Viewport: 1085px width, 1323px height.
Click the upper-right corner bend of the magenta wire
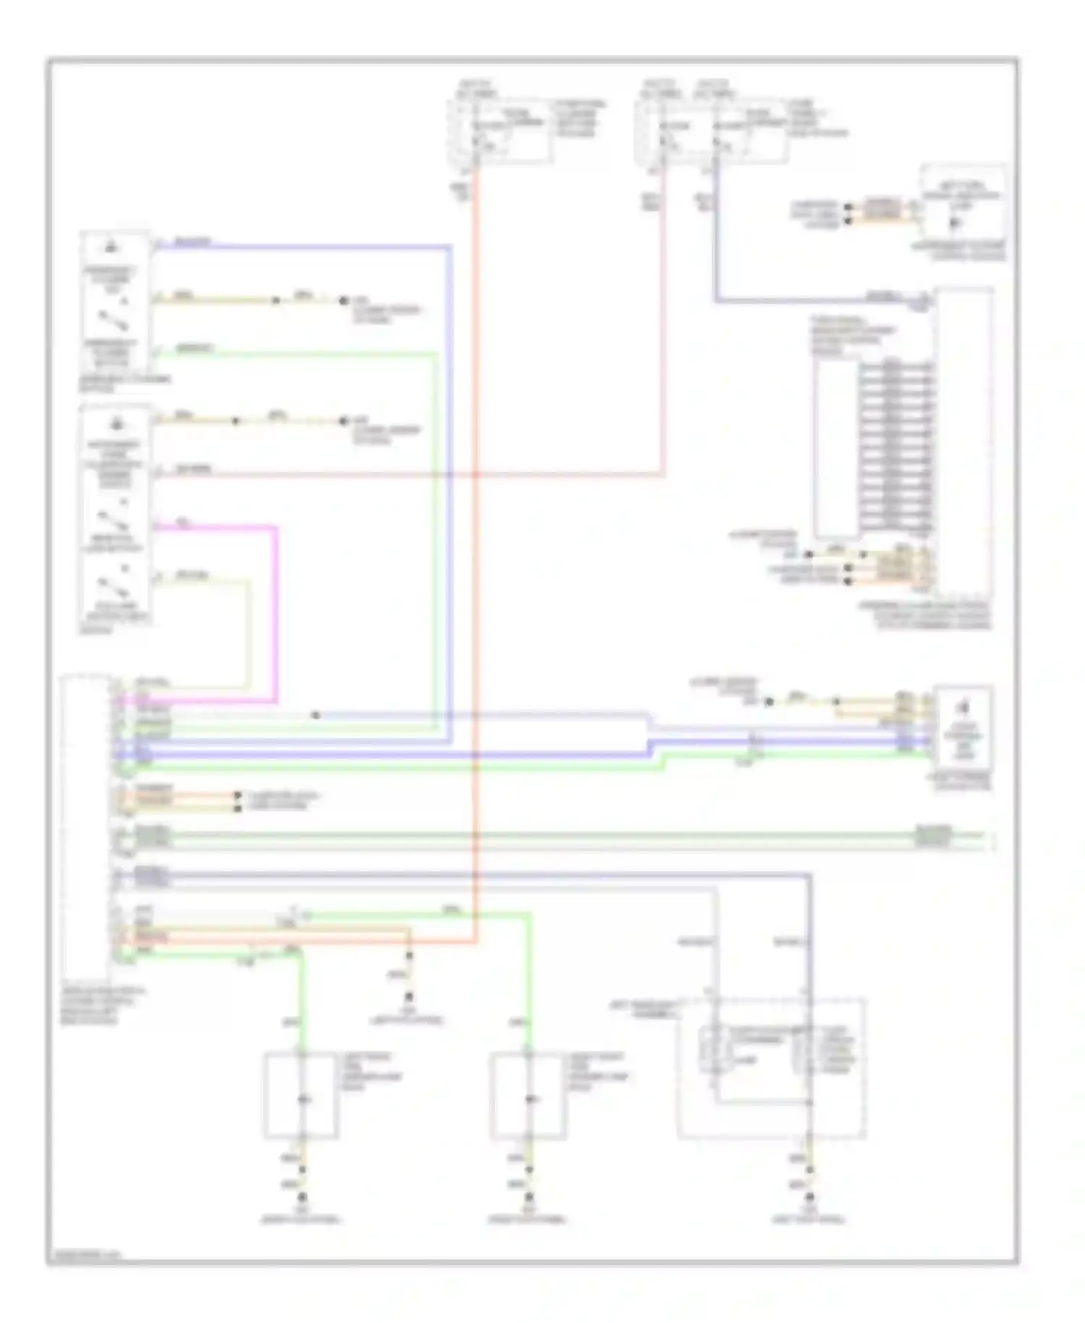click(276, 528)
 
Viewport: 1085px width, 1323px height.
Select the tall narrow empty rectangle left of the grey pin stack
click(835, 449)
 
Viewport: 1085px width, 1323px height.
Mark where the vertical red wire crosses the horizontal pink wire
click(476, 475)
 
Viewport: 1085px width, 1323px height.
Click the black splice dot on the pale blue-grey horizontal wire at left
click(315, 715)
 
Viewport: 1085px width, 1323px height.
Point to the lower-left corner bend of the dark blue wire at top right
click(715, 300)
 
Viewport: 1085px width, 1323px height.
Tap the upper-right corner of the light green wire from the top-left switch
click(435, 355)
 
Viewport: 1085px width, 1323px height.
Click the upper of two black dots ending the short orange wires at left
click(237, 796)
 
